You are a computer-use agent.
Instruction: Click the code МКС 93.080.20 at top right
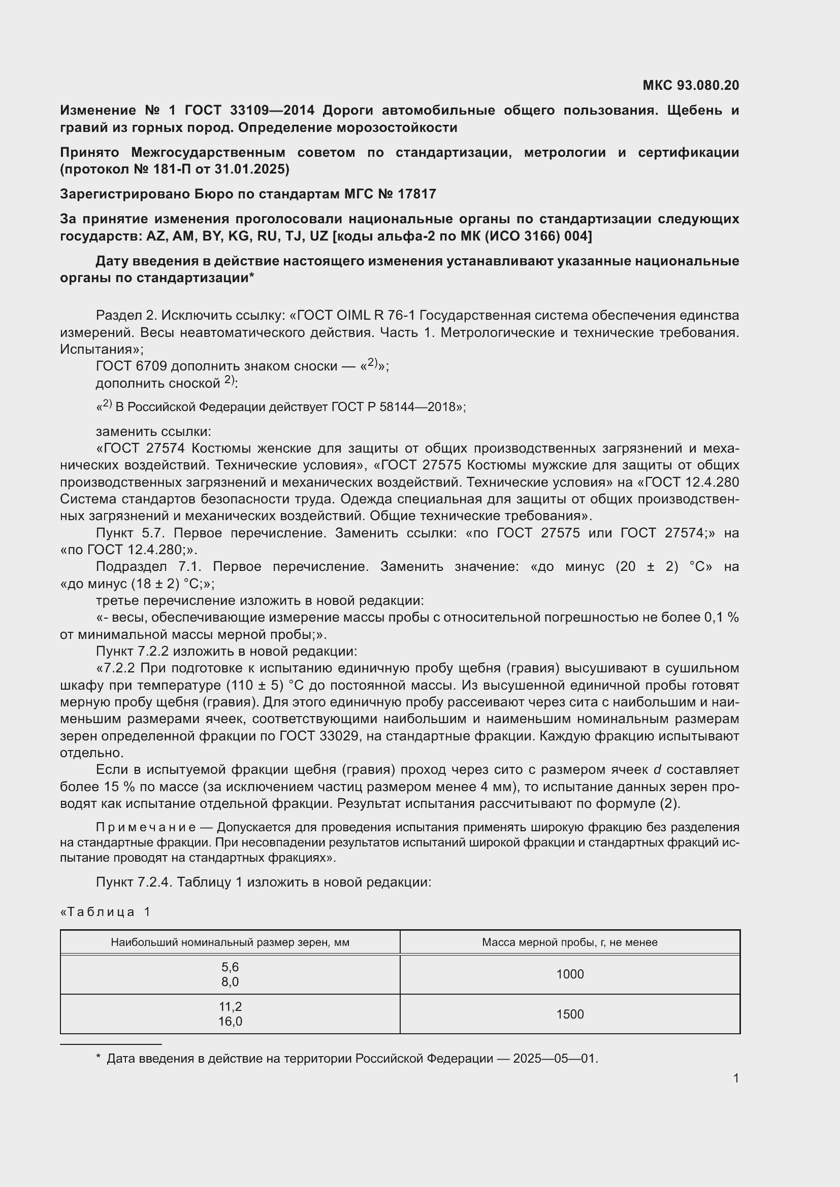pyautogui.click(x=691, y=85)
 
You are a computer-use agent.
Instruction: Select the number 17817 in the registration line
pyautogui.click(x=417, y=194)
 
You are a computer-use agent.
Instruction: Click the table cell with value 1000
pyautogui.click(x=569, y=974)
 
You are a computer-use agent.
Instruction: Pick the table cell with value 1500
pyautogui.click(x=569, y=1014)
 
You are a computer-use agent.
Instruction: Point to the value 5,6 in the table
pyautogui.click(x=230, y=967)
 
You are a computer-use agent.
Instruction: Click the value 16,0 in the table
pyautogui.click(x=230, y=1021)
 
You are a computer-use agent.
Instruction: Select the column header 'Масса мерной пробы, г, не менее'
pyautogui.click(x=569, y=942)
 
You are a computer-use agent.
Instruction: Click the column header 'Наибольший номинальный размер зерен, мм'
pyautogui.click(x=230, y=942)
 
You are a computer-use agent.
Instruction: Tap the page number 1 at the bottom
pyautogui.click(x=735, y=1078)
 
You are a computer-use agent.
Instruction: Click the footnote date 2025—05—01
pyautogui.click(x=555, y=1058)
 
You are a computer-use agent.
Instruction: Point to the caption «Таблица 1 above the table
pyautogui.click(x=106, y=912)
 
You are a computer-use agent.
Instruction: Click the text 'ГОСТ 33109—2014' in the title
pyautogui.click(x=249, y=110)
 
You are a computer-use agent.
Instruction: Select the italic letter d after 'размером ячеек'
pyautogui.click(x=657, y=770)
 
